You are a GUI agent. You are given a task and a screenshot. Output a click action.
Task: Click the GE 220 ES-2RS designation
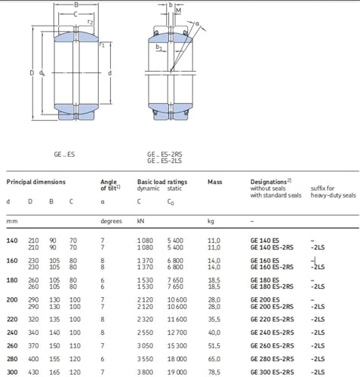272,319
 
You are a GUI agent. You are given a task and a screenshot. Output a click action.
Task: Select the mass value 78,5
214,372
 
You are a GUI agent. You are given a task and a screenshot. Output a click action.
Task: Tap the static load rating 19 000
177,372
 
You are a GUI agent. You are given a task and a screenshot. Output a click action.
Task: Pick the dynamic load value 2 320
145,319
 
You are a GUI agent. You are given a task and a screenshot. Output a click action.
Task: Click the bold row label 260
12,345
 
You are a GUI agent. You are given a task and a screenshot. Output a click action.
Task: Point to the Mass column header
215,182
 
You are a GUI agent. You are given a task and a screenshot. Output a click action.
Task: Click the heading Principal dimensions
36,182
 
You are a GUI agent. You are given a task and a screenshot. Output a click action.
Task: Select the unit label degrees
111,221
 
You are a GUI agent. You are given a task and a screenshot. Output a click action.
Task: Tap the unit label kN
140,221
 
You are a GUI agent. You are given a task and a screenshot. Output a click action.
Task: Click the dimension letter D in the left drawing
32,73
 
